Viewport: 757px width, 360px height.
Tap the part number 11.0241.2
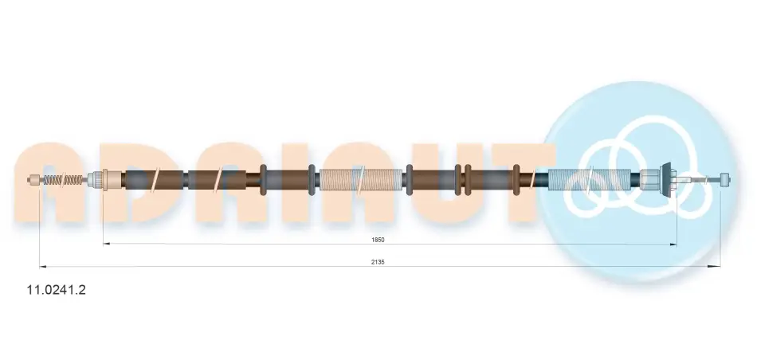click(x=56, y=290)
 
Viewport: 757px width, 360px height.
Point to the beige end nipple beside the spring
click(x=33, y=180)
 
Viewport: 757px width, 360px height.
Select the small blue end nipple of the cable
click(x=724, y=180)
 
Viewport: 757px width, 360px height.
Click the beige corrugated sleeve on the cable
click(x=360, y=180)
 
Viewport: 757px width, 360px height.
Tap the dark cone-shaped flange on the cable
click(x=667, y=179)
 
